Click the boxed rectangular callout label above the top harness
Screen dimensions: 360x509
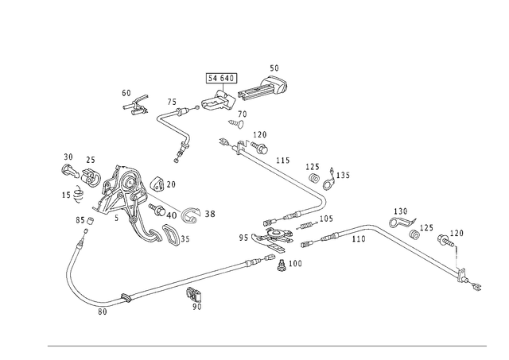pyautogui.click(x=221, y=78)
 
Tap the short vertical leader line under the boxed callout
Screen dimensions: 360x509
pyautogui.click(x=221, y=88)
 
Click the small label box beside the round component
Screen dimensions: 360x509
pyautogui.click(x=209, y=213)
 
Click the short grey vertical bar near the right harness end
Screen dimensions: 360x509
pyautogui.click(x=457, y=259)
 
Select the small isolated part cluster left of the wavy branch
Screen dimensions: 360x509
pyautogui.click(x=135, y=102)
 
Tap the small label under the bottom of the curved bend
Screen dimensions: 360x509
pyautogui.click(x=101, y=315)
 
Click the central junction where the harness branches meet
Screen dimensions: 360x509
pyautogui.click(x=274, y=246)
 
